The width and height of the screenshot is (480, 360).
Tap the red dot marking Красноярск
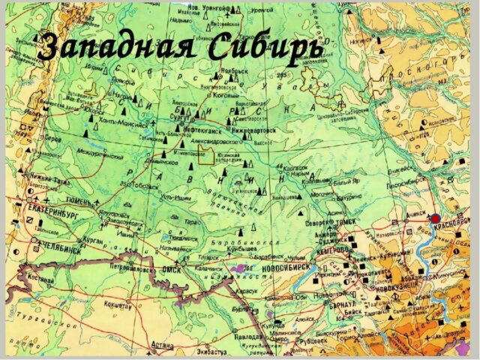click(436, 217)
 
